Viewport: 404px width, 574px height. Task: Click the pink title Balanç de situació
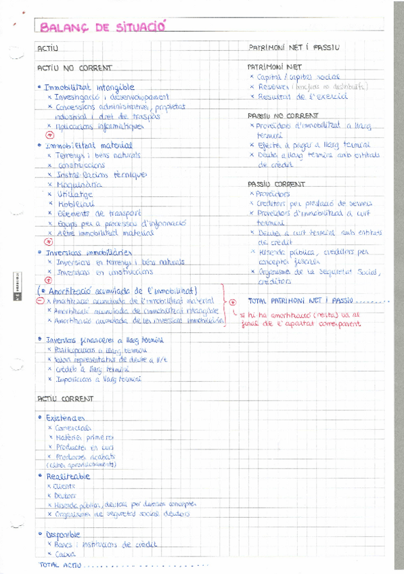(x=102, y=26)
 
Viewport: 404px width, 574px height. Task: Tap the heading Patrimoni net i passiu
(x=294, y=48)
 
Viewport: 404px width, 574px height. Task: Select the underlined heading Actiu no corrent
(x=74, y=68)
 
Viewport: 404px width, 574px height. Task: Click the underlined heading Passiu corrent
(x=276, y=184)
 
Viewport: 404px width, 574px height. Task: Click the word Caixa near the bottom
(x=65, y=554)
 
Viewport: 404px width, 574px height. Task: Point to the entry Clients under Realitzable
(x=66, y=487)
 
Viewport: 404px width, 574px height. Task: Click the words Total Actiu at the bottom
(x=60, y=565)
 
